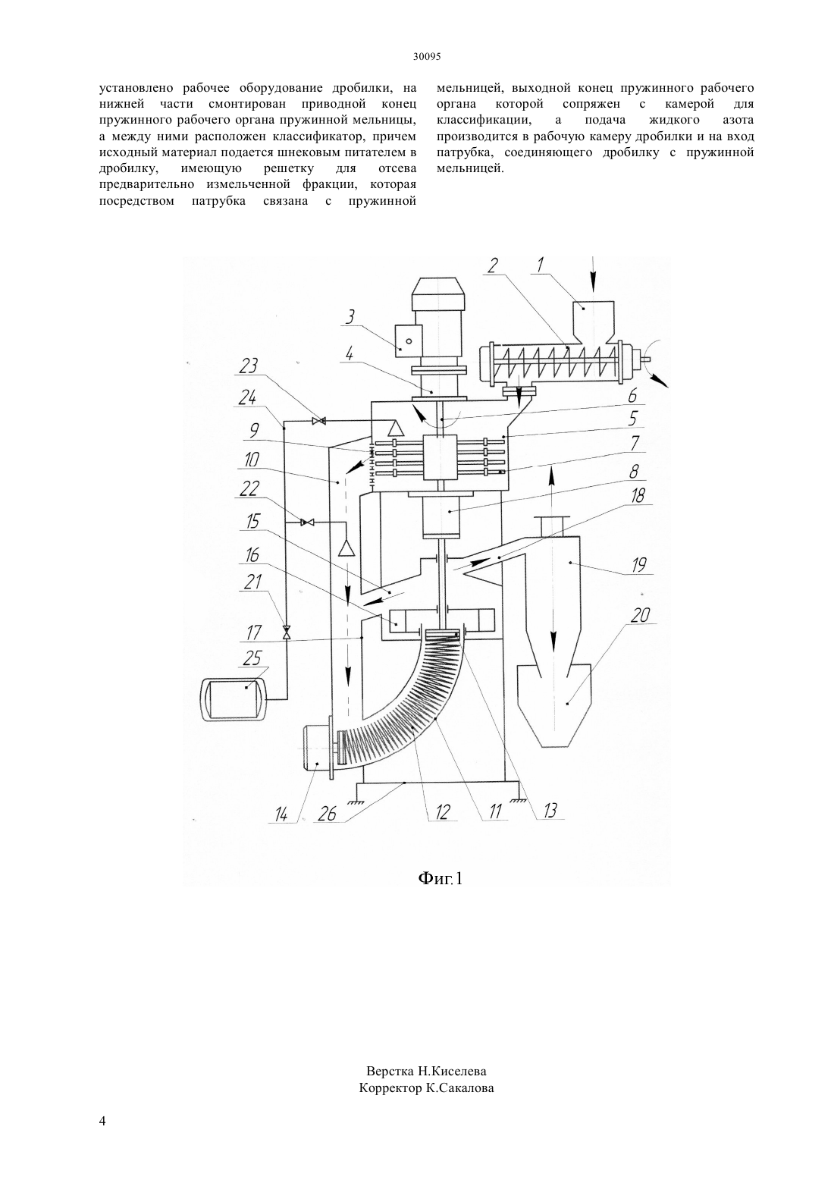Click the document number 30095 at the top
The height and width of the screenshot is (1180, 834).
point(427,58)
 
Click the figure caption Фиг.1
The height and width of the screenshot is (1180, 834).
point(441,878)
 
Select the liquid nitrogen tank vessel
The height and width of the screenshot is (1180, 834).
point(234,698)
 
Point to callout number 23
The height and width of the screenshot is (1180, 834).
point(248,366)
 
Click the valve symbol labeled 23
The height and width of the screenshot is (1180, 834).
point(318,421)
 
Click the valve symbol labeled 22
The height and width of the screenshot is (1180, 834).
point(306,522)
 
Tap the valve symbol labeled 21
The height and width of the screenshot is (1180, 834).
point(287,632)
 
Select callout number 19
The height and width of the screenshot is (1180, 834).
point(638,566)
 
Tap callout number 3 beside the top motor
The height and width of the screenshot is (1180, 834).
point(350,318)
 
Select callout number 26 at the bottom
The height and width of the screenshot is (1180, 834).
point(328,814)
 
